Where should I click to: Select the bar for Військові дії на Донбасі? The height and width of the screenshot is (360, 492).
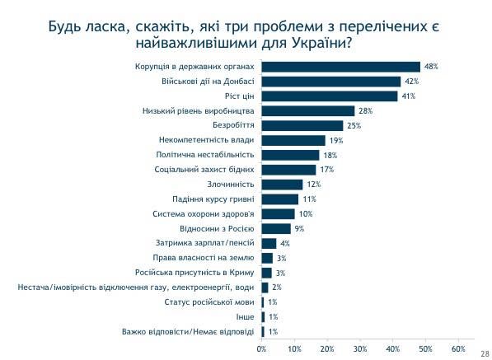pos(331,82)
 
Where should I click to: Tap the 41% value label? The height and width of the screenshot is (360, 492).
pos(407,96)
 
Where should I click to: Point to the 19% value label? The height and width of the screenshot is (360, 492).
pos(335,141)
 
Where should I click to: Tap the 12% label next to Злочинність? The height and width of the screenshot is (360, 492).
pos(312,185)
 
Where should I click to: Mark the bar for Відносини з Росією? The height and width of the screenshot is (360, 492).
pos(276,229)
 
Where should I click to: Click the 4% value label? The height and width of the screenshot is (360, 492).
pos(285,244)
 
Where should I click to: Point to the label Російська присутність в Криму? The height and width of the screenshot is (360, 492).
pos(198,273)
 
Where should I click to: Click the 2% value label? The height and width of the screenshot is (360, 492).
pos(277,288)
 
